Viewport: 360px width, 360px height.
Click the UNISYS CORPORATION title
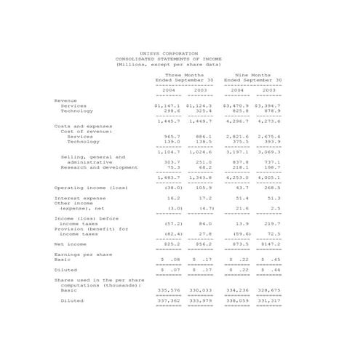(x=168, y=53)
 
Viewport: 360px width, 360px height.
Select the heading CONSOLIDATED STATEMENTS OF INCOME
(x=168, y=59)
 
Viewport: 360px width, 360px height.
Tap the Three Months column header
(x=184, y=74)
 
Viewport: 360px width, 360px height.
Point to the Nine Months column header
(x=252, y=74)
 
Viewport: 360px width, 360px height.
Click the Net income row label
(x=70, y=244)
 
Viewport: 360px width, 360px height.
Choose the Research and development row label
(x=99, y=167)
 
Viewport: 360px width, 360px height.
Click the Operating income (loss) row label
(x=91, y=188)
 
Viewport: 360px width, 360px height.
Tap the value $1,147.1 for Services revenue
(x=167, y=105)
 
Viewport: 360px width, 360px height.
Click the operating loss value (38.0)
(x=172, y=188)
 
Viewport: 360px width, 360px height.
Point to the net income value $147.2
(x=269, y=244)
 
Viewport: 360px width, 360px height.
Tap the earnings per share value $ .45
(x=271, y=259)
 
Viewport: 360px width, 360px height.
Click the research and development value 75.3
(x=172, y=167)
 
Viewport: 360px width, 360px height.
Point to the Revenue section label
(x=66, y=100)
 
